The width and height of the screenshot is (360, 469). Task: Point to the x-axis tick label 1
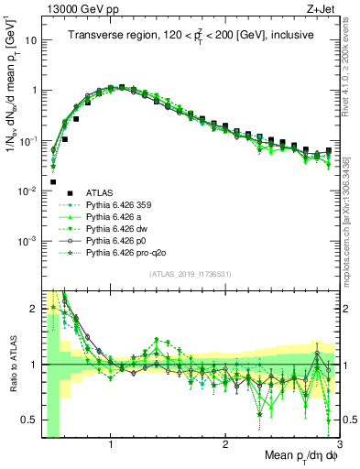click(111, 444)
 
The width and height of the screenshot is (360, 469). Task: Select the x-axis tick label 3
click(338, 444)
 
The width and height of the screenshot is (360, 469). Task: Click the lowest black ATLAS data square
click(54, 181)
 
